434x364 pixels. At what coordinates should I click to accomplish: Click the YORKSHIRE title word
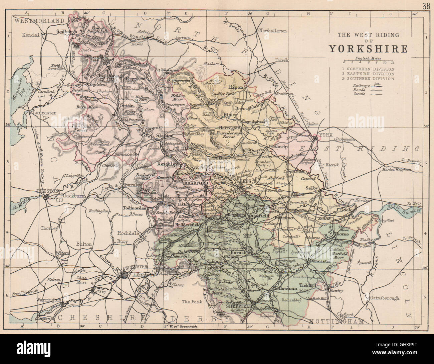pos(368,49)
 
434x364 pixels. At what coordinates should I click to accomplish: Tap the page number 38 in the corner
pos(426,6)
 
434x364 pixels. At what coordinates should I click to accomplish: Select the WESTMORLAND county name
pos(39,21)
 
